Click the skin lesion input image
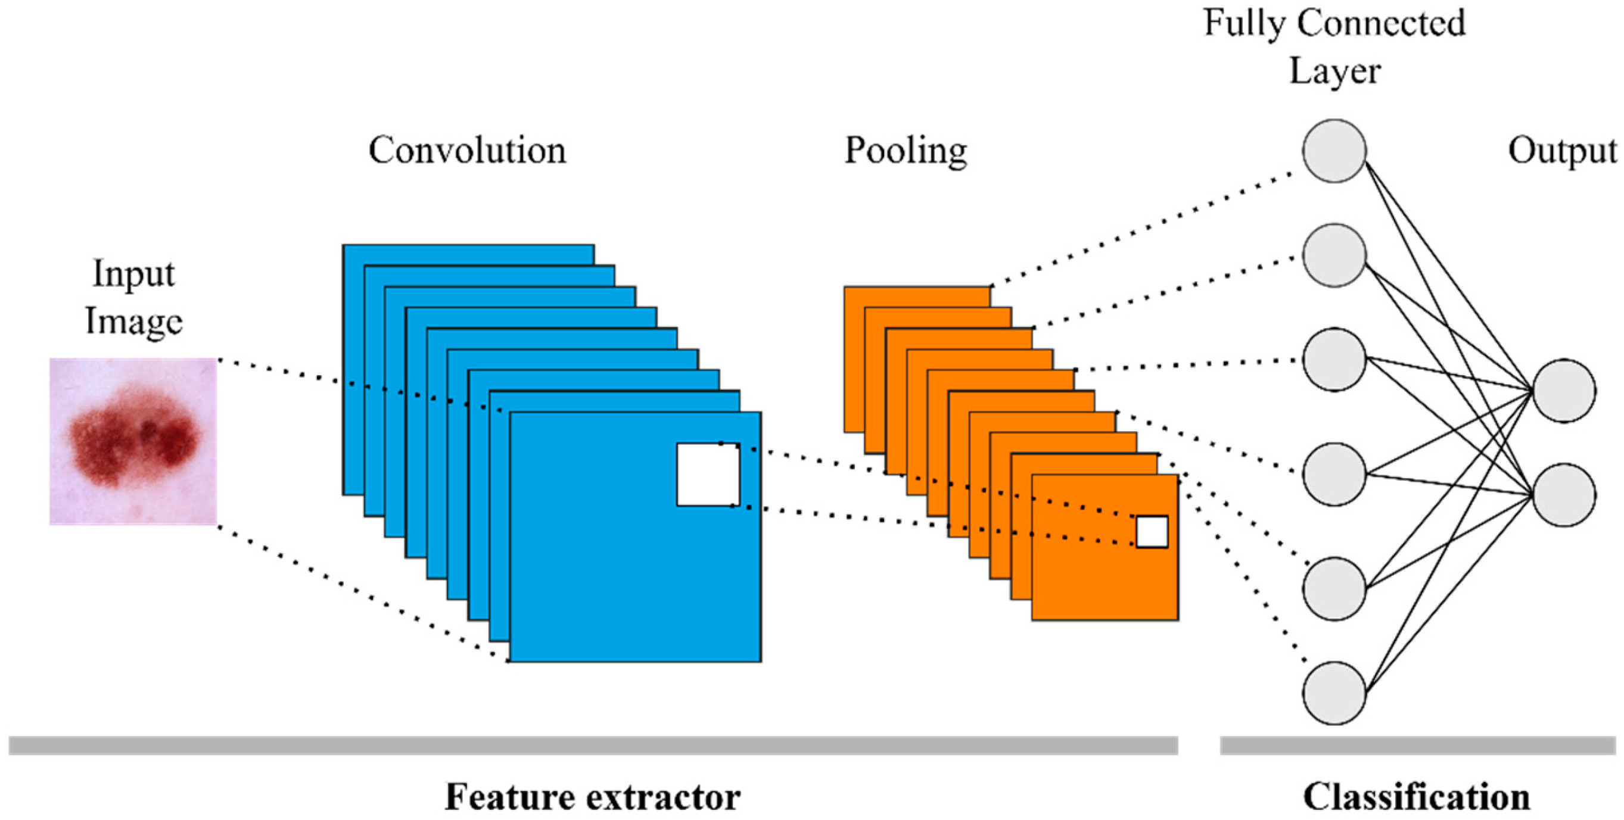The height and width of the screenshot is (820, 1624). (x=133, y=441)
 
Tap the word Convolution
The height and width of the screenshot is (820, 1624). (x=467, y=151)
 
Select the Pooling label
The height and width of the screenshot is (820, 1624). (x=906, y=151)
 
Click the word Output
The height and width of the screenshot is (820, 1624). (x=1561, y=151)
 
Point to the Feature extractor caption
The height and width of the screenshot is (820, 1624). (x=593, y=797)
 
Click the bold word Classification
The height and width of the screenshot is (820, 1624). (x=1416, y=797)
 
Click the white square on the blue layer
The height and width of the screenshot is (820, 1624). (x=707, y=475)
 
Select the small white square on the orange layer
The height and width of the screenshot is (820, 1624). (x=1151, y=531)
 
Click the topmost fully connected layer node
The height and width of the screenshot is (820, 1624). (x=1334, y=151)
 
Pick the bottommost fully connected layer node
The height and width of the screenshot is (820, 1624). (x=1334, y=693)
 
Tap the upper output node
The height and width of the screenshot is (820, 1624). (x=1564, y=391)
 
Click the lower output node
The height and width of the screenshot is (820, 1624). (x=1564, y=495)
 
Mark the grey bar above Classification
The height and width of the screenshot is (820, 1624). (x=1417, y=745)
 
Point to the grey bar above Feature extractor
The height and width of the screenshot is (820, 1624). (x=593, y=745)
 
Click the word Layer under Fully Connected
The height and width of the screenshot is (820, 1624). (x=1334, y=71)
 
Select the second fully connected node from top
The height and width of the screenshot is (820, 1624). (x=1334, y=255)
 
